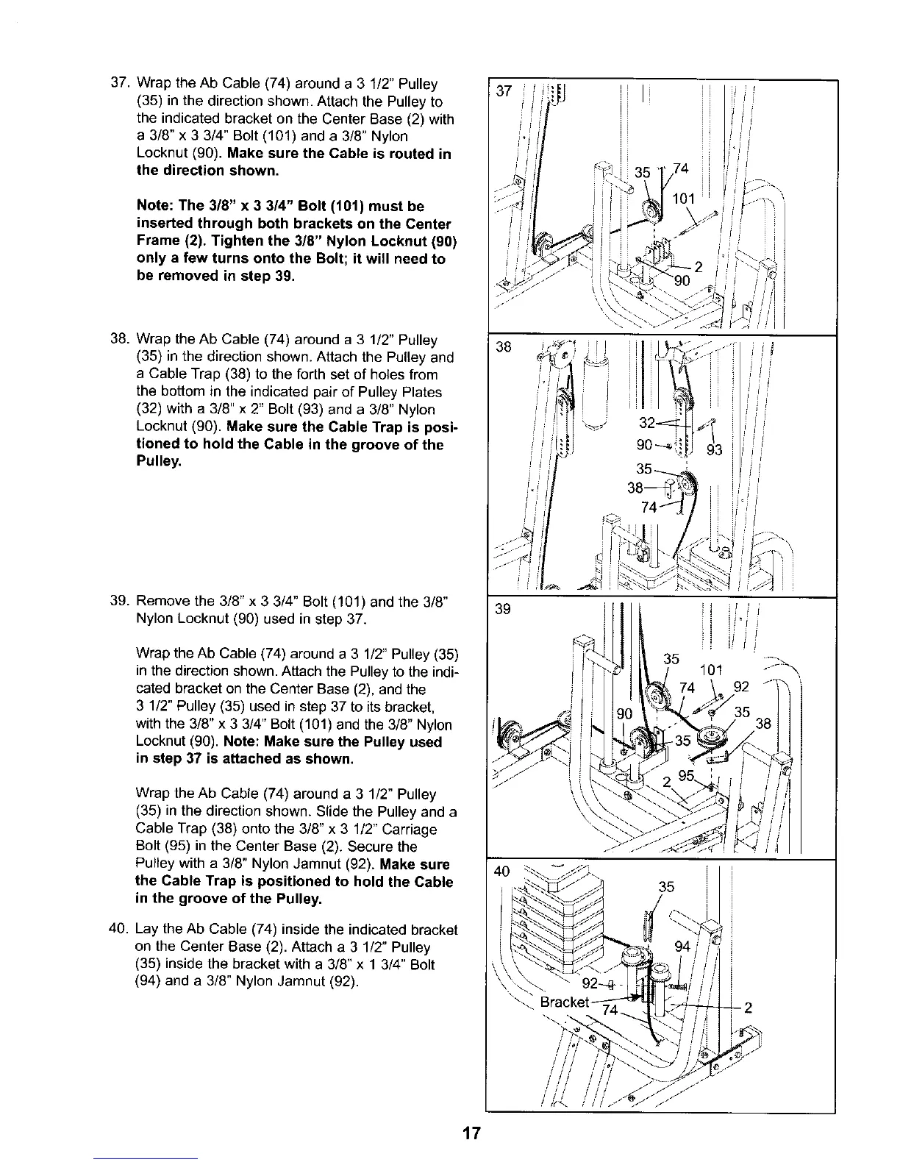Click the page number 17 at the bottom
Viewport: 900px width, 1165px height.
471,1133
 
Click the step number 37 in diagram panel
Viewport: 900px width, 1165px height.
504,91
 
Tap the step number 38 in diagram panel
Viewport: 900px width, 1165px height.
504,347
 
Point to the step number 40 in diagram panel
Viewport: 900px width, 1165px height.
503,872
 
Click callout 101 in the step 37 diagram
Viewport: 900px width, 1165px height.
686,199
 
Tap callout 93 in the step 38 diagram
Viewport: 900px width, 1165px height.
714,450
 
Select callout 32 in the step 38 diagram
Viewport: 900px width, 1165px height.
649,424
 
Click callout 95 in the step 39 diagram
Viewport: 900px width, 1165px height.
686,774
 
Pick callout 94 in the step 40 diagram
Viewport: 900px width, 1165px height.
683,947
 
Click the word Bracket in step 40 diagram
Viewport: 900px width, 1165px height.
565,1002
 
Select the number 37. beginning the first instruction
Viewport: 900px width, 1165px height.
119,84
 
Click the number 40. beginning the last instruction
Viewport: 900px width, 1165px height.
119,930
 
